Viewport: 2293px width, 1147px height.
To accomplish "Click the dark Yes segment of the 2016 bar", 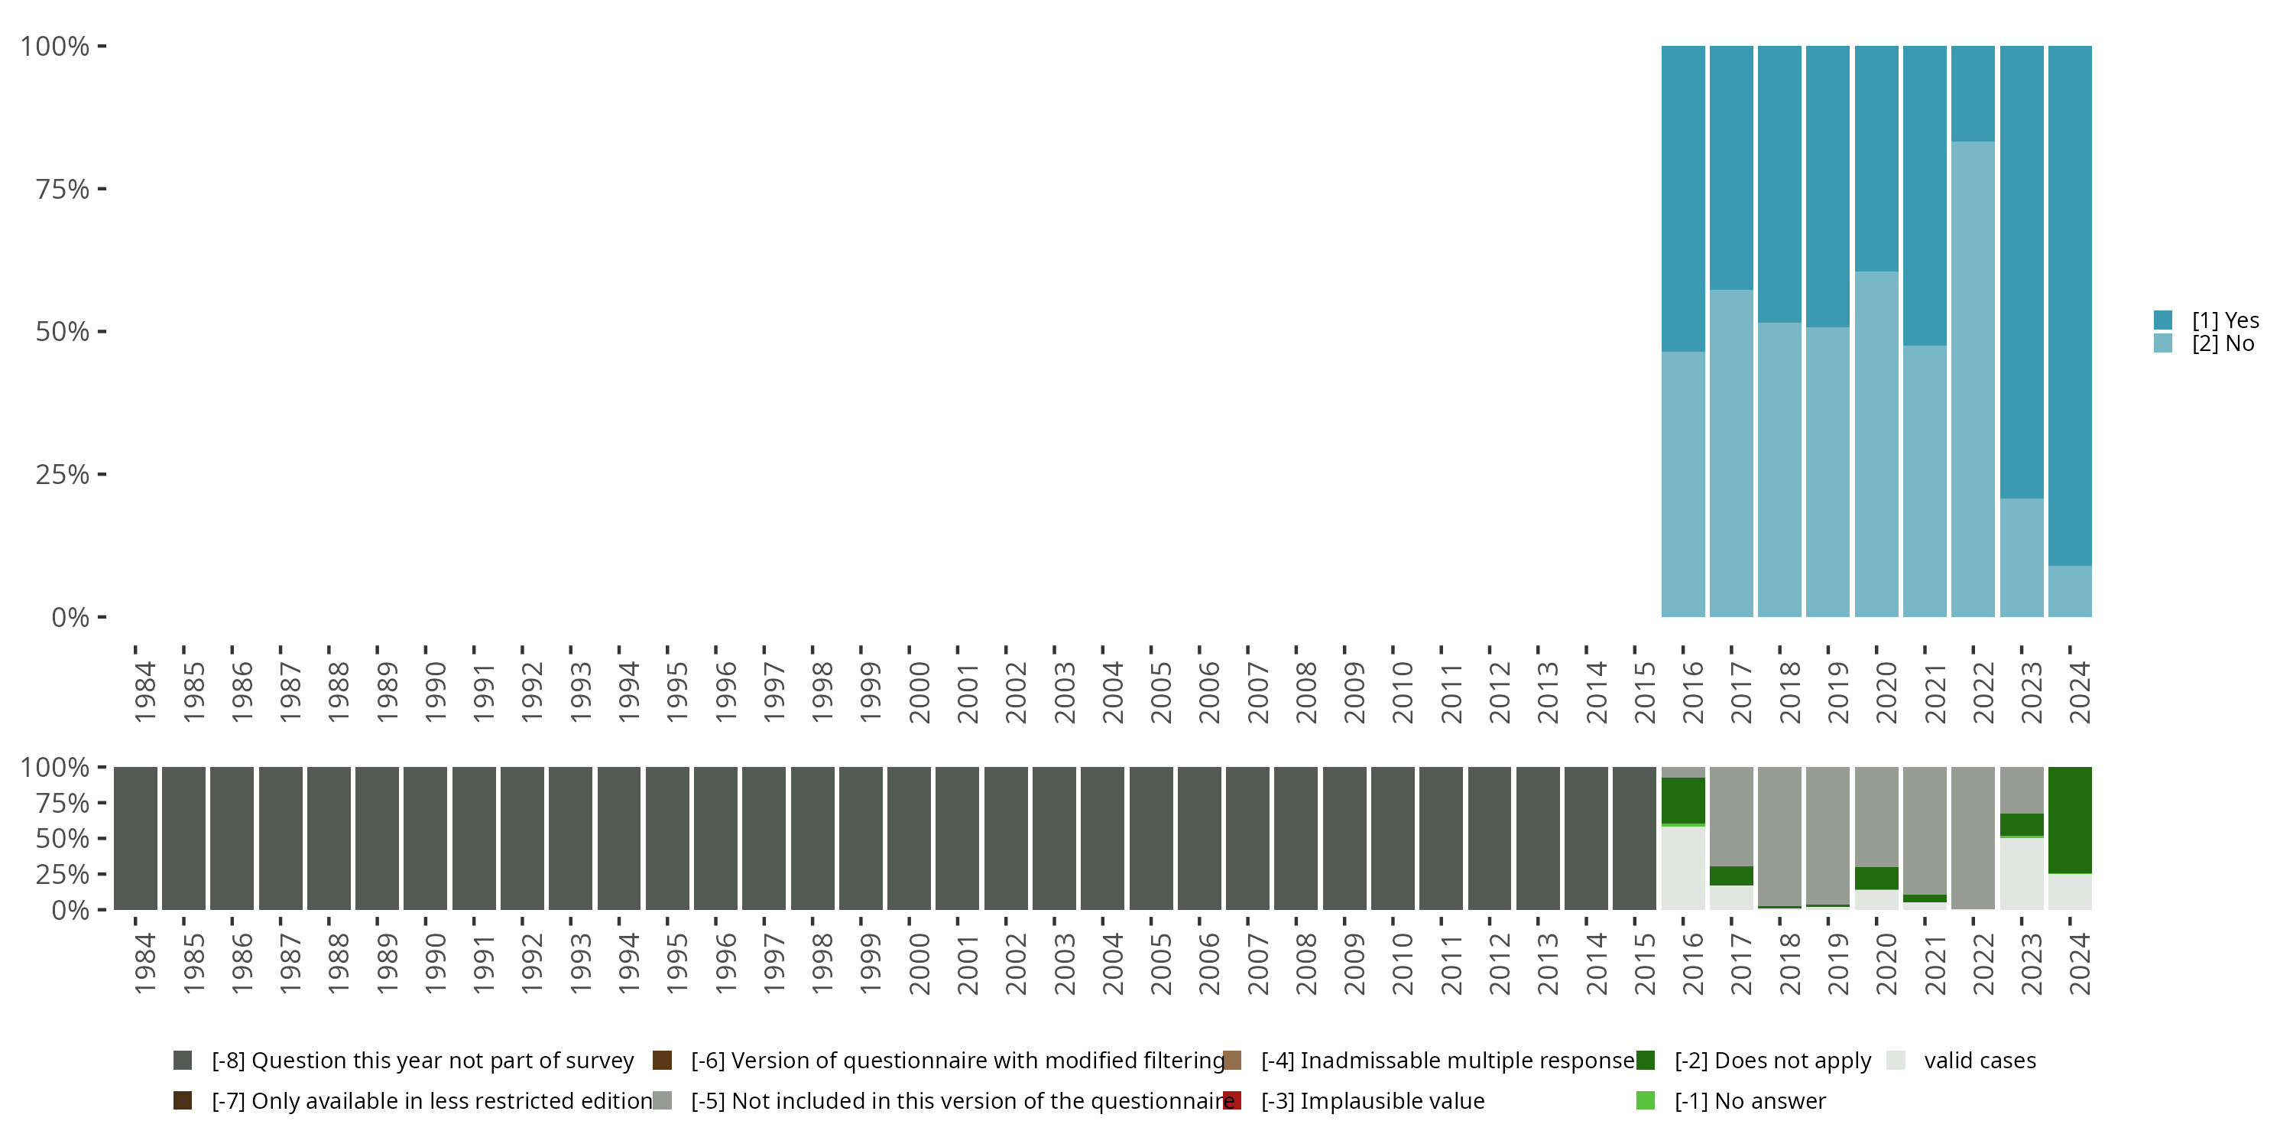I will pyautogui.click(x=1682, y=198).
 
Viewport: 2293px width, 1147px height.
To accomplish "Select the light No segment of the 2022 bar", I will pyautogui.click(x=1973, y=379).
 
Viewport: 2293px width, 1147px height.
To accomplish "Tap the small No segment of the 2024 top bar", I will pyautogui.click(x=2070, y=591).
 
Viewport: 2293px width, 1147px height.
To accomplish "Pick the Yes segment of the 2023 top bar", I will pyautogui.click(x=2022, y=271).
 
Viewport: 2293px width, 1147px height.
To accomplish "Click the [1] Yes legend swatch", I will pyautogui.click(x=2163, y=320).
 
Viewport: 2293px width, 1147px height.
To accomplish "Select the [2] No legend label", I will pyautogui.click(x=2223, y=344).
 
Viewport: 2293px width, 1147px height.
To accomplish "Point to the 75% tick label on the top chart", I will pyautogui.click(x=63, y=189).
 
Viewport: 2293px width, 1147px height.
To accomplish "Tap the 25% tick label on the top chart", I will pyautogui.click(x=63, y=474).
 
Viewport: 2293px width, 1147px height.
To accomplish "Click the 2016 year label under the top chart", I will pyautogui.click(x=1692, y=692).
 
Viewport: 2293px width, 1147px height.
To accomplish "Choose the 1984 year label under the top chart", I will pyautogui.click(x=144, y=692).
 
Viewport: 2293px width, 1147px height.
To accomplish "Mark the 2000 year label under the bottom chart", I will pyautogui.click(x=919, y=963).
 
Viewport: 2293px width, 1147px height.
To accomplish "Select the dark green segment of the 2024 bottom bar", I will pyautogui.click(x=2070, y=819).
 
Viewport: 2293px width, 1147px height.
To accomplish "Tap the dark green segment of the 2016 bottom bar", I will pyautogui.click(x=1682, y=801).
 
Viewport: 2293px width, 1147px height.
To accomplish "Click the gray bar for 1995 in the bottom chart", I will pyautogui.click(x=666, y=838).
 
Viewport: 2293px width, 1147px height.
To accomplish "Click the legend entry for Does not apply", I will pyautogui.click(x=1772, y=1061).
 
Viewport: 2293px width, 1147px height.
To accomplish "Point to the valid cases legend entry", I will pyautogui.click(x=1979, y=1061).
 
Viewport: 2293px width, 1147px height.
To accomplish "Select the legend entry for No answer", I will pyautogui.click(x=1749, y=1100).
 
